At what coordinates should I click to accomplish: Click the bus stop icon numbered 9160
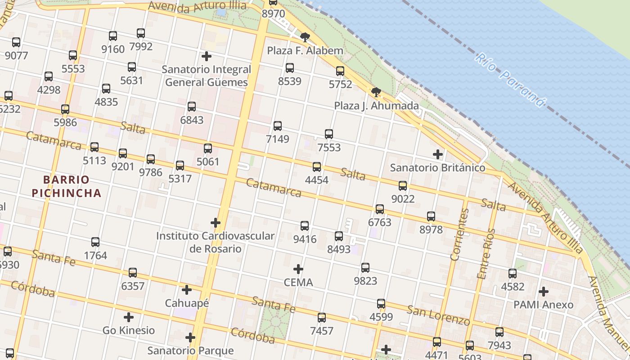tap(113, 36)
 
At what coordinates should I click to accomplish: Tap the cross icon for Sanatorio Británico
tap(438, 154)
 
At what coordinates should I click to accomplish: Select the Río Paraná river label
tap(510, 80)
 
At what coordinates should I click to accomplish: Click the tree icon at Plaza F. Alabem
tap(305, 37)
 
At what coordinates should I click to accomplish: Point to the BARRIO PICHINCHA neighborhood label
tap(72, 186)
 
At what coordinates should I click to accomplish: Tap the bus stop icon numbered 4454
tap(317, 167)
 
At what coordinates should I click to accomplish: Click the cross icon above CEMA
tap(298, 269)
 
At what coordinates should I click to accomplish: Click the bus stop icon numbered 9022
tap(403, 185)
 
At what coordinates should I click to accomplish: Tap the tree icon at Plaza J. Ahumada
tap(376, 92)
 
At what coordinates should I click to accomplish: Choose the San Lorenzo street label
tap(438, 315)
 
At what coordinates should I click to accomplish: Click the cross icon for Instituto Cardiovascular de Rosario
tap(216, 222)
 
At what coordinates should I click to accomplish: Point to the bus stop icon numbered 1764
tap(95, 242)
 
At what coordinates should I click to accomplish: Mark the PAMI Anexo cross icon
tap(544, 291)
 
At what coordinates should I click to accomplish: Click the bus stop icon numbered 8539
tap(290, 68)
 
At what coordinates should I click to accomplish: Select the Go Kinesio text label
tap(129, 330)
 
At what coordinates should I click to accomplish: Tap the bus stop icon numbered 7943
tap(499, 332)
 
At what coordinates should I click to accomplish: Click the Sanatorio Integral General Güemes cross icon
tap(207, 56)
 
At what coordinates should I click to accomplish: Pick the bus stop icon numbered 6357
tap(133, 273)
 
